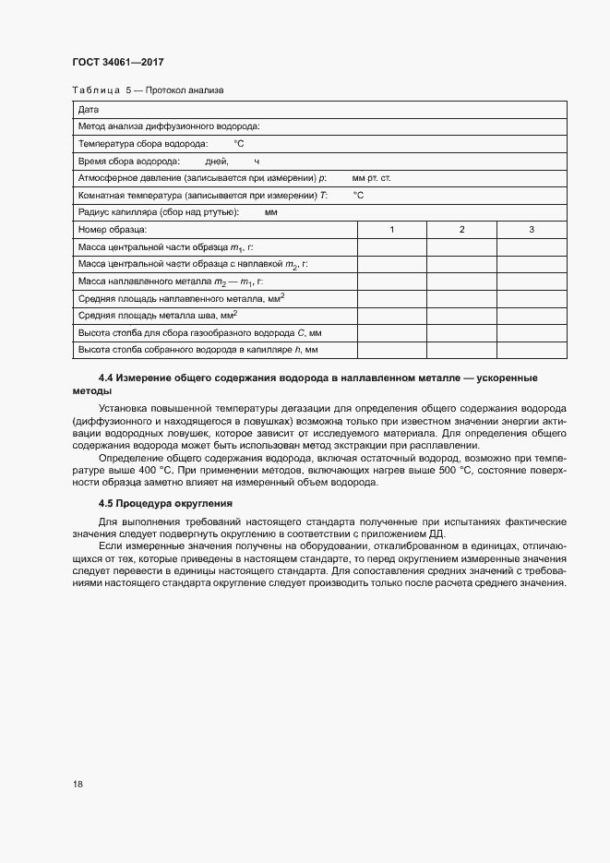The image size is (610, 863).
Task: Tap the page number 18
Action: (78, 784)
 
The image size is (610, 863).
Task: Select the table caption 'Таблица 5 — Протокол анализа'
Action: (148, 90)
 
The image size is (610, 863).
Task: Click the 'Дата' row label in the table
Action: (89, 110)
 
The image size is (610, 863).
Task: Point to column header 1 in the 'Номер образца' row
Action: (392, 229)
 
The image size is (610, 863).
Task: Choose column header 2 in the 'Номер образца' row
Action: (461, 229)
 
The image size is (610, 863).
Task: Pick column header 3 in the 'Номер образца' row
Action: (532, 229)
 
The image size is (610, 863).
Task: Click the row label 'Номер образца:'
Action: (113, 229)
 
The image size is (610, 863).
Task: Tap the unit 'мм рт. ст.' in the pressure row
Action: (372, 177)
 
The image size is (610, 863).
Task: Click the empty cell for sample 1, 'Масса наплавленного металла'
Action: (392, 281)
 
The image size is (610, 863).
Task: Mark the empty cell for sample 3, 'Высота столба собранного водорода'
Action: (532, 350)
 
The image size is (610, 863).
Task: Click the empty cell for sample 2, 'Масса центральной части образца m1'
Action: (461, 246)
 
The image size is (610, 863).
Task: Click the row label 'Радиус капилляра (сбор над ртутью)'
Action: (159, 211)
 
